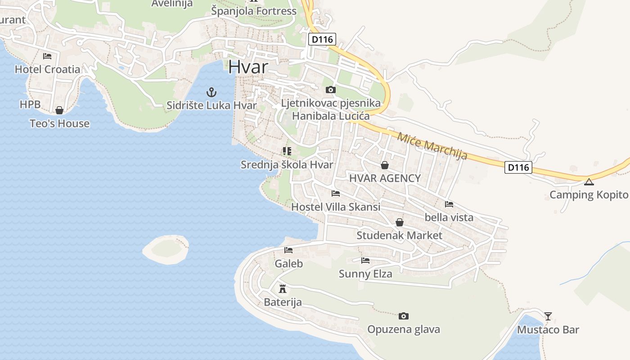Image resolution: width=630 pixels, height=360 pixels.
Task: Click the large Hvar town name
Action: coord(248,67)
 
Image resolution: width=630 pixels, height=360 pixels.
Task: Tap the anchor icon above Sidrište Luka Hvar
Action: coord(211,93)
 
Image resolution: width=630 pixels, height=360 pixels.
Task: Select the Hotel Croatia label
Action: coord(47,69)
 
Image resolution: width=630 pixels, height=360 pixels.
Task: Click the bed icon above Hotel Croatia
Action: coord(47,56)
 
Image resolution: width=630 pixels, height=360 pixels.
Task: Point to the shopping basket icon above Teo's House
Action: coord(59,110)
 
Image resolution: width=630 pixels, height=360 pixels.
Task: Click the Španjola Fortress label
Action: coord(254,11)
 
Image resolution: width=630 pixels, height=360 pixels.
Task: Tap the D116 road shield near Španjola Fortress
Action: coord(322,40)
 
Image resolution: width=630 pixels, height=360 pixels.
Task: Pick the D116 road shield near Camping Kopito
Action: coord(518,168)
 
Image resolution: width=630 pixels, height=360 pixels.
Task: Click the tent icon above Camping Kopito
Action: coord(589,182)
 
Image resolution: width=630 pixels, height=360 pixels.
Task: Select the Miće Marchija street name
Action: coord(432,145)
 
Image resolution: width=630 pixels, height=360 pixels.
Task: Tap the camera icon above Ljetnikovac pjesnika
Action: coord(331,90)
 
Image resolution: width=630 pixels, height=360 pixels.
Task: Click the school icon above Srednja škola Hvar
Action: coord(287,151)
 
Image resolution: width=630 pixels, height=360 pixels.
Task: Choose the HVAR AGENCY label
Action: coord(385,178)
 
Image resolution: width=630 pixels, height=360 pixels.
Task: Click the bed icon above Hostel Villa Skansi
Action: coord(336,194)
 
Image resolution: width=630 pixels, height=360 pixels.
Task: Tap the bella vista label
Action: coord(449,217)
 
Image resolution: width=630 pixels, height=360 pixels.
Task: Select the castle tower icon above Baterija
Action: coord(283,288)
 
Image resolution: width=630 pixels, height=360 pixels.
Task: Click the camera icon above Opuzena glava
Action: coord(404,316)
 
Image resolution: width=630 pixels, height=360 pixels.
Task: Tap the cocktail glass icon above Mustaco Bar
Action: coord(548,316)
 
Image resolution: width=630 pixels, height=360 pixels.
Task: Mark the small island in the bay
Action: coord(166,249)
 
